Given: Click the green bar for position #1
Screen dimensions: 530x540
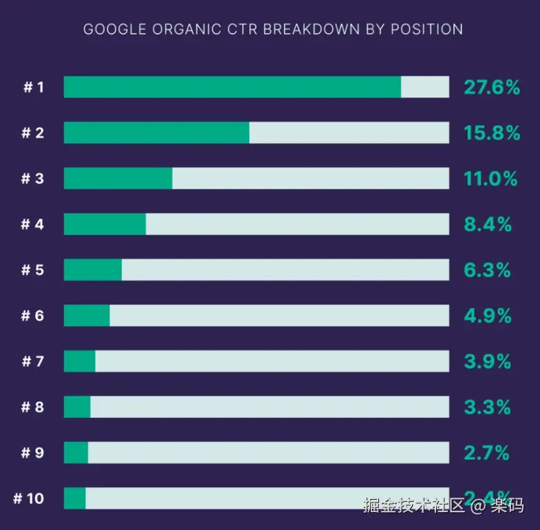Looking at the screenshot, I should [232, 87].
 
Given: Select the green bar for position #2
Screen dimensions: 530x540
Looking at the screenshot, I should [156, 133].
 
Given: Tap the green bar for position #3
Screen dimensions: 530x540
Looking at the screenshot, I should [118, 179].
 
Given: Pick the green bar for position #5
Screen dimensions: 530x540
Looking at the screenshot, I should [93, 269].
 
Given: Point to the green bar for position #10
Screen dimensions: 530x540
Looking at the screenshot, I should [74, 498].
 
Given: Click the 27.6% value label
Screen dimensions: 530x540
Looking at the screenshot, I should [491, 87].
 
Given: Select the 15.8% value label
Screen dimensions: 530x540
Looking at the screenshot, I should [491, 133].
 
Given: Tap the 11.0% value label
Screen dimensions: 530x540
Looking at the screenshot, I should [490, 179].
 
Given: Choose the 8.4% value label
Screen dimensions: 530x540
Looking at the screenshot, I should [488, 224].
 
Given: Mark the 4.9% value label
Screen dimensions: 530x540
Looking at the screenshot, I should [488, 316].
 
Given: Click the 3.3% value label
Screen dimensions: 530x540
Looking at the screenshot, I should [487, 407].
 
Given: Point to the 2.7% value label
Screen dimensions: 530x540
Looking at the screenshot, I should [486, 453].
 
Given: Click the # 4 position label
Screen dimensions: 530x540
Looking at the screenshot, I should [32, 224].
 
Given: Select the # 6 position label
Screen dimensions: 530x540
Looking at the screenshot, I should [32, 316].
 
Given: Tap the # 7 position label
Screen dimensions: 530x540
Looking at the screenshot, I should [32, 361].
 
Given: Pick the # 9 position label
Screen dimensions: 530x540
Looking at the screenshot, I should [32, 453].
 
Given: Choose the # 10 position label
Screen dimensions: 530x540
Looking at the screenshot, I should [29, 498].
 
